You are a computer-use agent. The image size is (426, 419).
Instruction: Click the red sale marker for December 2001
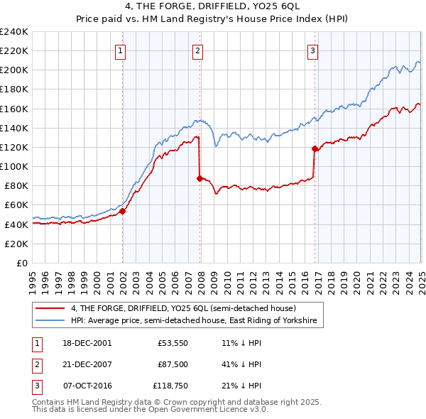(123, 211)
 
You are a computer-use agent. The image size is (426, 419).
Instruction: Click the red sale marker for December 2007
(200, 178)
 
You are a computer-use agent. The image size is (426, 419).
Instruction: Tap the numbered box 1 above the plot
(121, 50)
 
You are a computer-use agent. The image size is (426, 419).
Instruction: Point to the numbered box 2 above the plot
(197, 50)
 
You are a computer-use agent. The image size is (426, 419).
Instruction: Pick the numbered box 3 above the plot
(312, 50)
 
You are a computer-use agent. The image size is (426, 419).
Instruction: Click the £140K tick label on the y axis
(13, 128)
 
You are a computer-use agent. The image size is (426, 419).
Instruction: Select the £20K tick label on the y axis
(16, 244)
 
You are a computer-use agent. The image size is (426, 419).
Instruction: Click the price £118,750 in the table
(169, 386)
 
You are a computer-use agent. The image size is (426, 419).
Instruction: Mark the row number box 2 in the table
(36, 364)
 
